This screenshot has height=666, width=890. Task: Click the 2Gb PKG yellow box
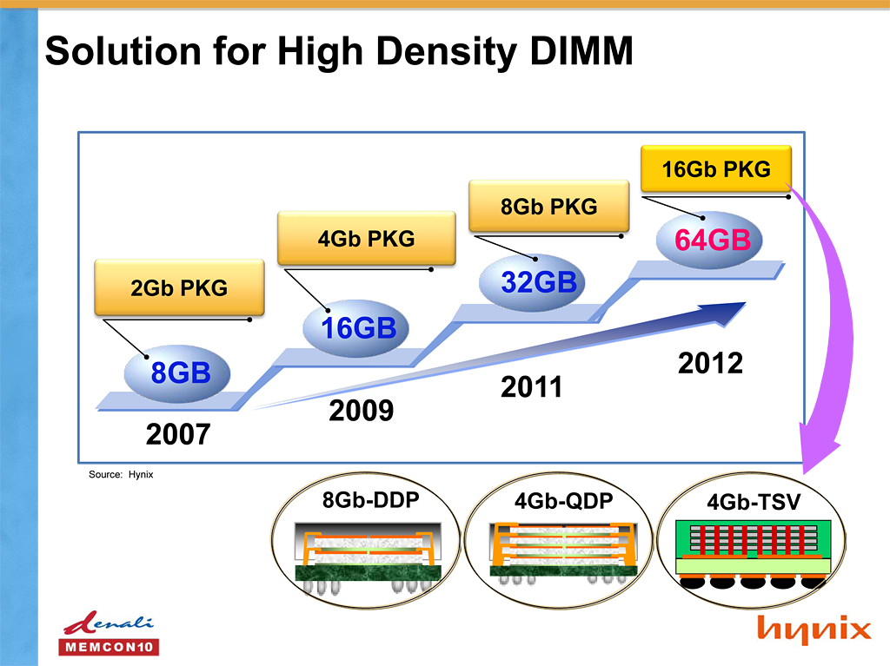(178, 287)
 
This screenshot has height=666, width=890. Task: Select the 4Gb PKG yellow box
(366, 238)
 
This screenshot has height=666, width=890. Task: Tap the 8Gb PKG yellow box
(548, 207)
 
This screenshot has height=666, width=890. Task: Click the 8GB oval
(180, 373)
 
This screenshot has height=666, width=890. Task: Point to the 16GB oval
(359, 328)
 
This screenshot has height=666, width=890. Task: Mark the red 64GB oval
(712, 240)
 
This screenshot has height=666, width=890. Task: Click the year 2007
(177, 432)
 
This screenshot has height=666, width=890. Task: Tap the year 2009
(361, 410)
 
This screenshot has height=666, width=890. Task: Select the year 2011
(532, 386)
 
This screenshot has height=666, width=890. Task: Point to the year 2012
(710, 362)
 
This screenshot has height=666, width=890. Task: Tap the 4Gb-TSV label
(754, 502)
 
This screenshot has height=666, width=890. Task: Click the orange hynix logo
(813, 629)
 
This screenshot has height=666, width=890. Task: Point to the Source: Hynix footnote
(121, 474)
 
